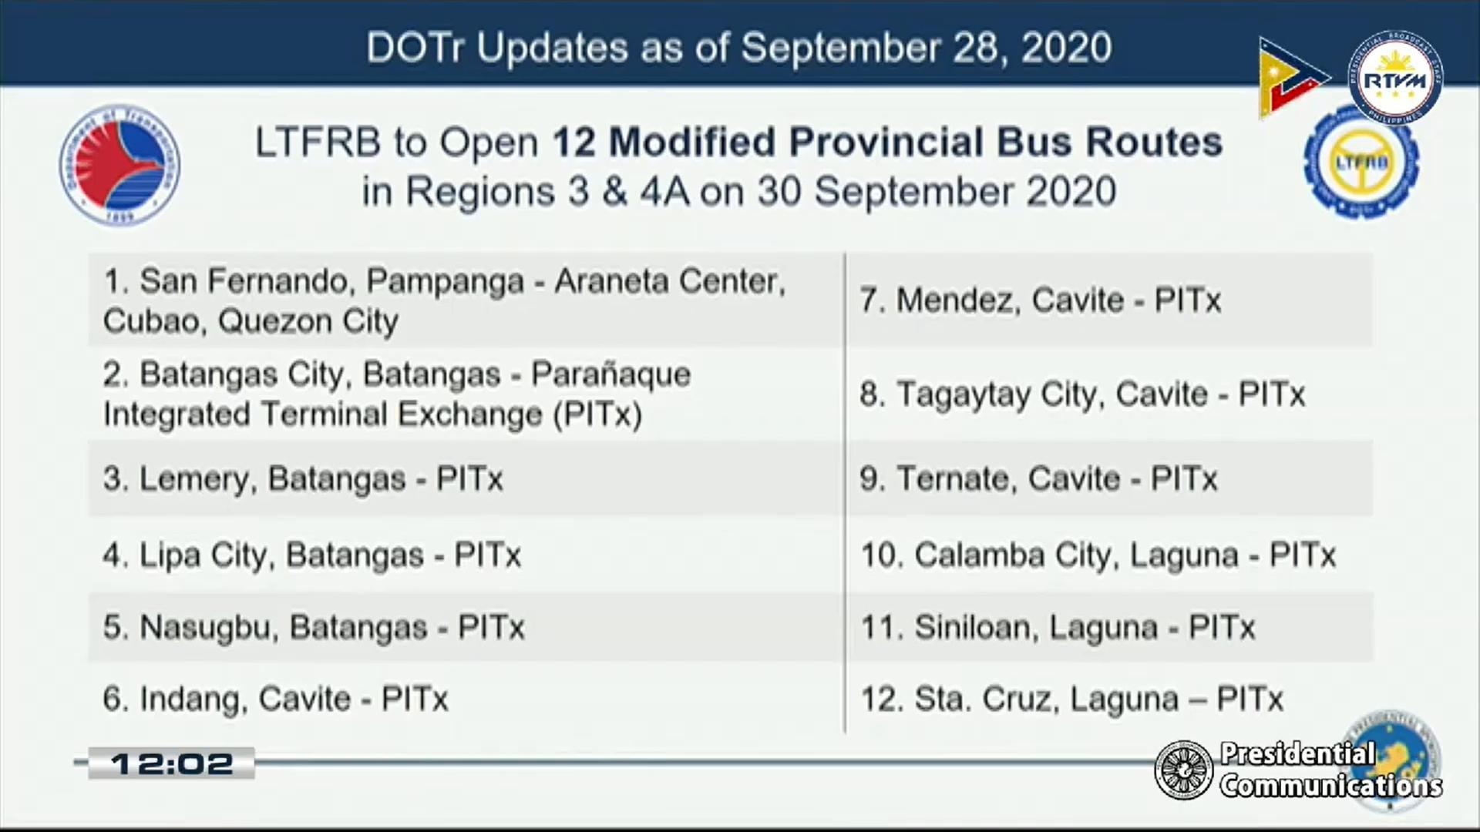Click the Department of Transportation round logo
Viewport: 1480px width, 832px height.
click(119, 166)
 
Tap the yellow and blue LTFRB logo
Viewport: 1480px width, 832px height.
click(1361, 163)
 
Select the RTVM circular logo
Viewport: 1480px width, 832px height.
click(1395, 79)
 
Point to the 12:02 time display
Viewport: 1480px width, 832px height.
click(171, 763)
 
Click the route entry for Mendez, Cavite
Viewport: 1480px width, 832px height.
click(1041, 300)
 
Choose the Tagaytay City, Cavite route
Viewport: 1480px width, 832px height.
click(1082, 394)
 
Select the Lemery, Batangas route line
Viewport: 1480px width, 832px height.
click(303, 479)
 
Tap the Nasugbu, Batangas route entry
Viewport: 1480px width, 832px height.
click(314, 628)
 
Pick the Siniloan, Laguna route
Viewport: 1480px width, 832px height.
click(1058, 628)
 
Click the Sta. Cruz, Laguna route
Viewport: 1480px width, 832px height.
click(1071, 699)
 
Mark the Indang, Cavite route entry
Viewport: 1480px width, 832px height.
click(275, 699)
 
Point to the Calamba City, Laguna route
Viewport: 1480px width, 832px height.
click(1098, 555)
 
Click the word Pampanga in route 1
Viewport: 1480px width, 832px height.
click(445, 282)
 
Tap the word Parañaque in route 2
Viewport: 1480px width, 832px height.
click(611, 375)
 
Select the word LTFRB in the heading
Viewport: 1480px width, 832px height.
click(318, 143)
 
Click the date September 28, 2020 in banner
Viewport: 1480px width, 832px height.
click(926, 49)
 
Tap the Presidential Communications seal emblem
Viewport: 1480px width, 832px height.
click(1184, 770)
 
